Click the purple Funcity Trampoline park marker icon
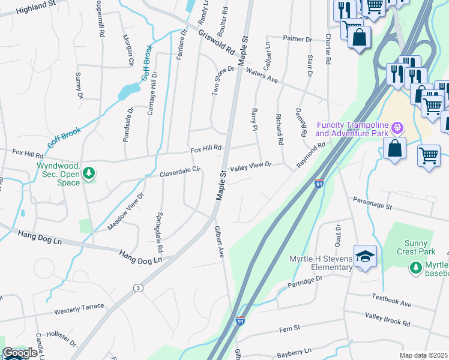[396, 128]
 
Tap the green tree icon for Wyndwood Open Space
[89, 173]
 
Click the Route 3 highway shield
[139, 288]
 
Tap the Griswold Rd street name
[217, 43]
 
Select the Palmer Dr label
[298, 40]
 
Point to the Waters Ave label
[262, 74]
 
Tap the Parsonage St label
[372, 203]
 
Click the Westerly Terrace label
[79, 308]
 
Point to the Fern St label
[289, 329]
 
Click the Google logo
[20, 353]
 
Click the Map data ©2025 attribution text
[423, 355]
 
